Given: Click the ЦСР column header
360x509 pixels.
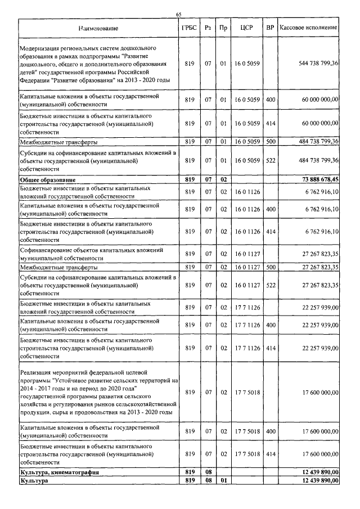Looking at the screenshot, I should pyautogui.click(x=246, y=28).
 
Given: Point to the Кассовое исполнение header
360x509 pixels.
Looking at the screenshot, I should pyautogui.click(x=308, y=28).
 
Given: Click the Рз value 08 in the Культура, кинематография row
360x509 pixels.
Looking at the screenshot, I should pyautogui.click(x=208, y=472).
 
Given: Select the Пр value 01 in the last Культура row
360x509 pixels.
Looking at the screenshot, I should pyautogui.click(x=223, y=480).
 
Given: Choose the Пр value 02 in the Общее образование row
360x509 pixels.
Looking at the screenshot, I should pyautogui.click(x=223, y=179).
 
